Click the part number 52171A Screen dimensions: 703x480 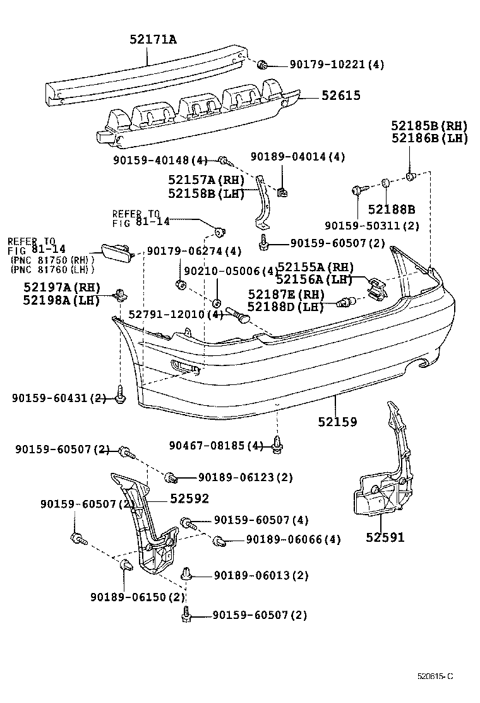(x=152, y=39)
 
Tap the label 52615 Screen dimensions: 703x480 (x=340, y=95)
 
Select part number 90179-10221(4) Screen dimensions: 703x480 (x=337, y=64)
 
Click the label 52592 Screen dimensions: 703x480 (x=189, y=499)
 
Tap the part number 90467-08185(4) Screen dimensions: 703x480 (x=216, y=446)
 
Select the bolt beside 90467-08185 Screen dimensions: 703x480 (x=277, y=446)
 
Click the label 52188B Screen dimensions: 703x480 (x=392, y=209)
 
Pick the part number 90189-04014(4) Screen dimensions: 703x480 (x=297, y=157)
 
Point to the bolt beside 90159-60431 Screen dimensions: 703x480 (x=119, y=397)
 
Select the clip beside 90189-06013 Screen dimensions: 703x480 (x=186, y=574)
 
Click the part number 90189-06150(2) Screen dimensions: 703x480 (x=137, y=597)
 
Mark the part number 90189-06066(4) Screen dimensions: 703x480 (x=293, y=539)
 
